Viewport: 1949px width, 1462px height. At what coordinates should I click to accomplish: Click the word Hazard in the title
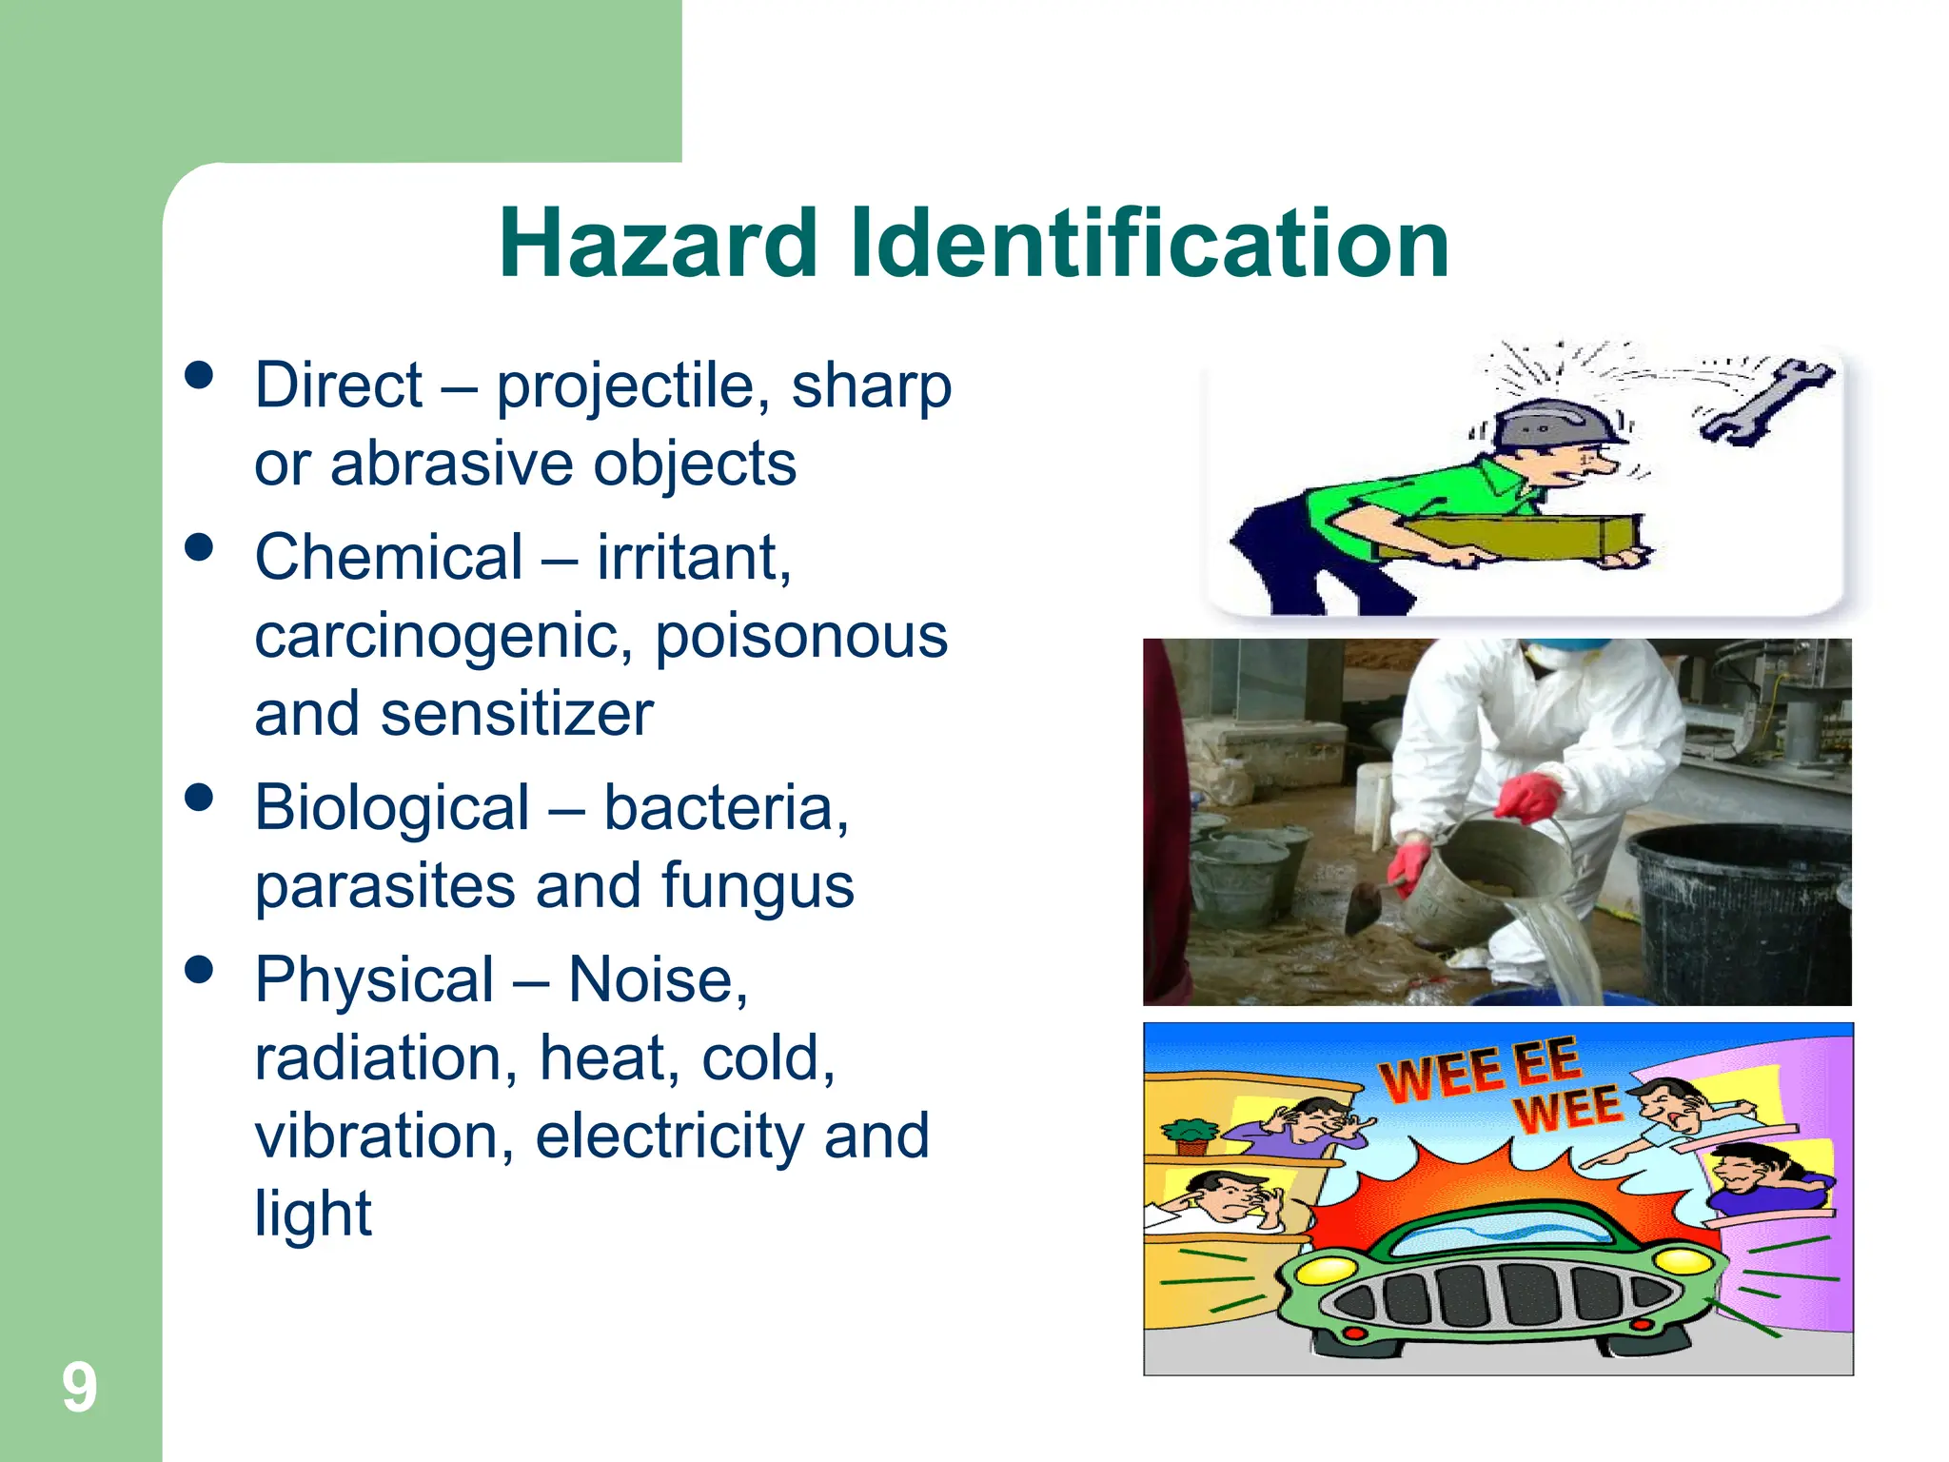click(x=658, y=244)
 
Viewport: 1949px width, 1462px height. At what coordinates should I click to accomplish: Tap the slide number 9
click(x=80, y=1388)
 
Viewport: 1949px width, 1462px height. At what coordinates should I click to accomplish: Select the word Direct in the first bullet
click(x=338, y=385)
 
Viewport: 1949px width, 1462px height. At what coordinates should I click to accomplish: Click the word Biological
click(x=392, y=808)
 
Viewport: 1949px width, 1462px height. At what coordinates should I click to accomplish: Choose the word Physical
click(x=374, y=979)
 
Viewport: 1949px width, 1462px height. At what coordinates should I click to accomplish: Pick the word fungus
click(x=758, y=886)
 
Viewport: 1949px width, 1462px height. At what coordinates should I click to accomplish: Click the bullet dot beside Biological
click(x=199, y=798)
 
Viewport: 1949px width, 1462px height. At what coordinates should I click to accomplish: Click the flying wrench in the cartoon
click(x=1766, y=401)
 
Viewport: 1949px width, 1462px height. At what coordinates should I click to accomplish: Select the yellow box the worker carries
click(x=1513, y=538)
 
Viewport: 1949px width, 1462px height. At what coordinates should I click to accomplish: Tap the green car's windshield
click(x=1504, y=1236)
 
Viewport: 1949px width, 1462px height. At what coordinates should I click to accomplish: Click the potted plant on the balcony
click(x=1191, y=1134)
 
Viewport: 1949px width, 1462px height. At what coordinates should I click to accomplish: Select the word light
click(x=313, y=1214)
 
